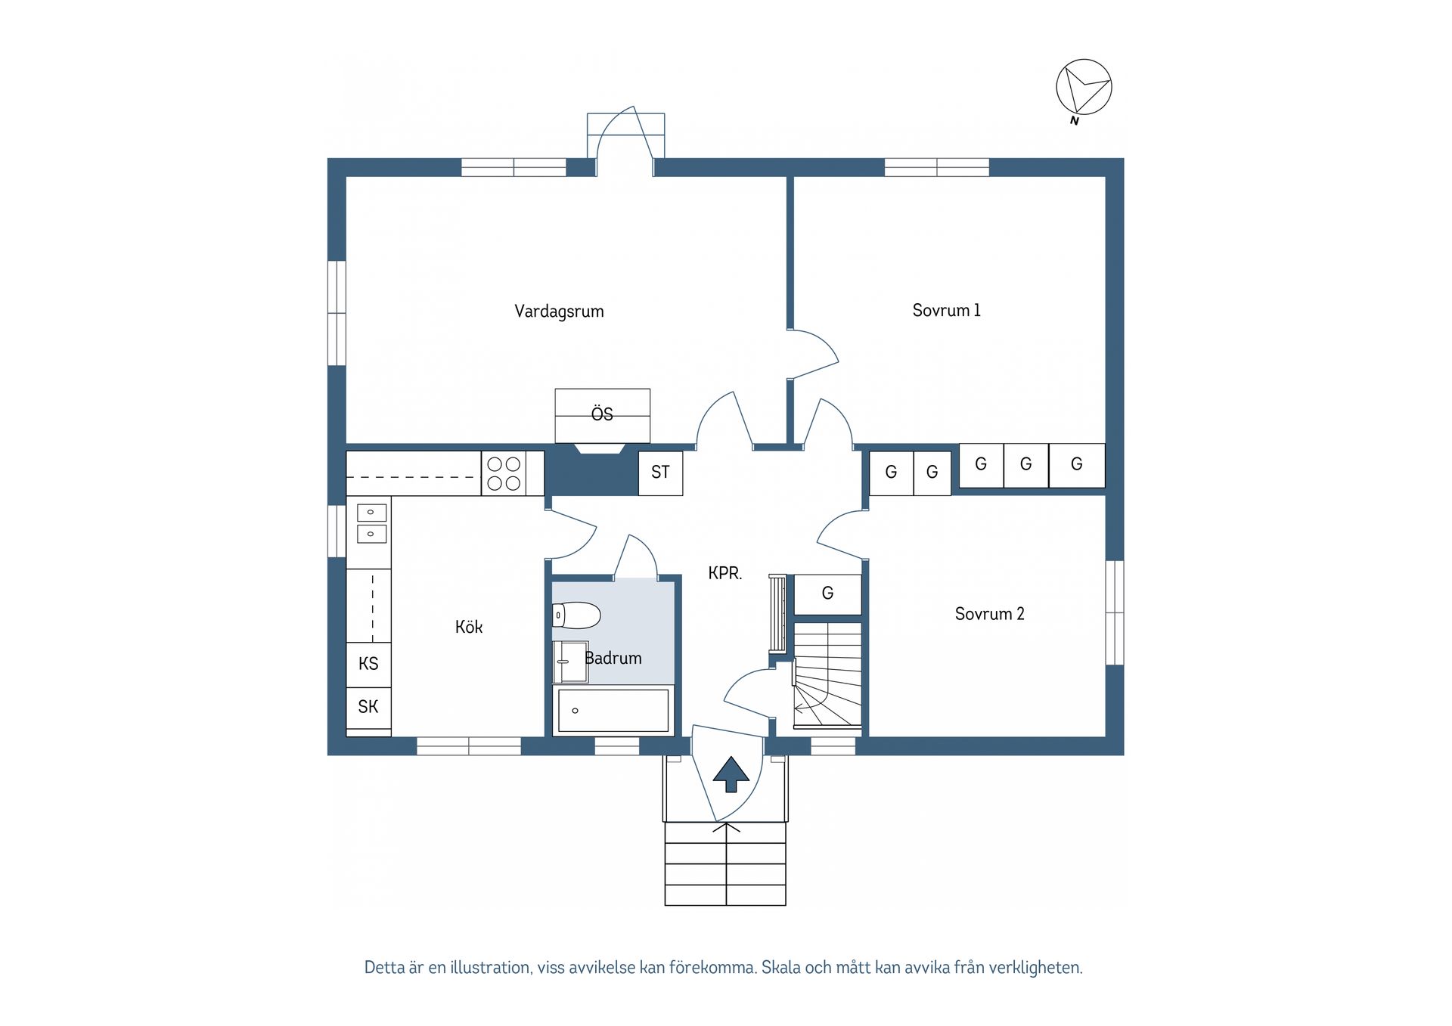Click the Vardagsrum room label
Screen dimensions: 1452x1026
point(559,312)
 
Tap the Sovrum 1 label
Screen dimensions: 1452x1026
point(946,310)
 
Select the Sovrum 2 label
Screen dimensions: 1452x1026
point(989,614)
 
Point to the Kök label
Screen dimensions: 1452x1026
point(468,627)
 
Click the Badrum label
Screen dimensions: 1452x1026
point(613,659)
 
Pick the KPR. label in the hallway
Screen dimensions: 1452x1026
point(724,573)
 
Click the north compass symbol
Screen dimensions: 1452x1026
point(1084,88)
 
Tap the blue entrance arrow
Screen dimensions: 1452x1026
point(731,774)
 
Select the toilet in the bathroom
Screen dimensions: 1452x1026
point(576,615)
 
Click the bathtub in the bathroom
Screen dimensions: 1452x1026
point(613,711)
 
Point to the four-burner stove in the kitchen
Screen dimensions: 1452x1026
point(504,473)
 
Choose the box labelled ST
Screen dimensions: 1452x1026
point(660,473)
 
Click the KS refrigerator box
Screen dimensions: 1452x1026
point(368,665)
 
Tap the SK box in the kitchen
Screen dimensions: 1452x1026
point(368,708)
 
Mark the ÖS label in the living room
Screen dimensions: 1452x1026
point(602,414)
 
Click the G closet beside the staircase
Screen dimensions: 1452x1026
point(827,594)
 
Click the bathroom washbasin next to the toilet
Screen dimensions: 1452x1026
point(570,662)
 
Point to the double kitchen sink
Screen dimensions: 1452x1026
point(371,523)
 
